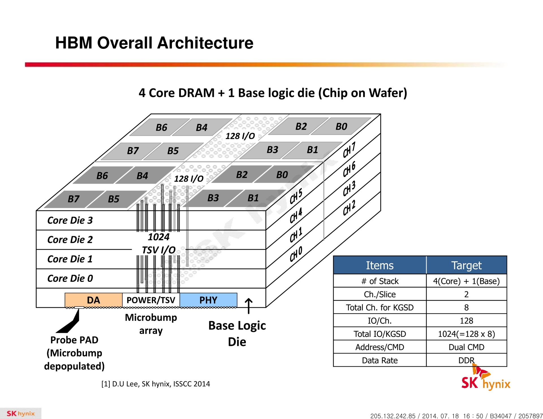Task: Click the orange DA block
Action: [x=93, y=300]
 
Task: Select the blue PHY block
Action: [x=208, y=300]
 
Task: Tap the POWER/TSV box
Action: [x=151, y=300]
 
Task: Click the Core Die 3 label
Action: [x=70, y=220]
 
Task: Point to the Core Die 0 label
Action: [x=70, y=278]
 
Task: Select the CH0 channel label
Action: [x=296, y=254]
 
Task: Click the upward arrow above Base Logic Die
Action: [x=248, y=306]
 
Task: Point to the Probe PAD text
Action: [x=74, y=340]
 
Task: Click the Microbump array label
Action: [x=151, y=324]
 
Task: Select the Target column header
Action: [x=466, y=265]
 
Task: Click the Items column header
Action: [x=380, y=265]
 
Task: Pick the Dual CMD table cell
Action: [x=466, y=347]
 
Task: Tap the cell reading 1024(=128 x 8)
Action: [x=466, y=334]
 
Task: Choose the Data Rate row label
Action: [x=380, y=360]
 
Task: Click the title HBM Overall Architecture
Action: [x=154, y=43]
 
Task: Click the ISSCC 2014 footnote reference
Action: [x=156, y=384]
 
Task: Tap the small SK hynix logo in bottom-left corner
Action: [x=20, y=413]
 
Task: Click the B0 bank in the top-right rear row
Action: [x=341, y=126]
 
